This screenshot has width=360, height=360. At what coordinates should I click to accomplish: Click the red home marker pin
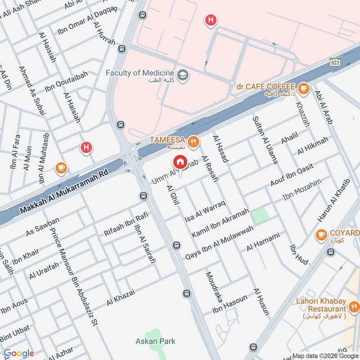[x=180, y=162]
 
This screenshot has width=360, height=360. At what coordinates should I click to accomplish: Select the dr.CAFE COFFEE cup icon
[x=304, y=87]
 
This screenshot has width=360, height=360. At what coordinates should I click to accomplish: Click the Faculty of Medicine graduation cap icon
[x=183, y=74]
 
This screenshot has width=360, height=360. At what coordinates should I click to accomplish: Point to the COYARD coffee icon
[x=321, y=234]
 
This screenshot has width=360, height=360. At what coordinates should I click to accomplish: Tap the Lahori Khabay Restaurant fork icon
[x=354, y=308]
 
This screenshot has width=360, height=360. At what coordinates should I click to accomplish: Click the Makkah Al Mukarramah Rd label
[x=65, y=186]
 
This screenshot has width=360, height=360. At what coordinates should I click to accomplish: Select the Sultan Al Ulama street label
[x=265, y=139]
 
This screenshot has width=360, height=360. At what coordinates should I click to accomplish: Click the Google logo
[x=18, y=353]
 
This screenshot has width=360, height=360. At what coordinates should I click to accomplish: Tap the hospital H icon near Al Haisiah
[x=86, y=147]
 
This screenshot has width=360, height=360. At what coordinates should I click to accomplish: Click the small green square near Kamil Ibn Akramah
[x=260, y=216]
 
